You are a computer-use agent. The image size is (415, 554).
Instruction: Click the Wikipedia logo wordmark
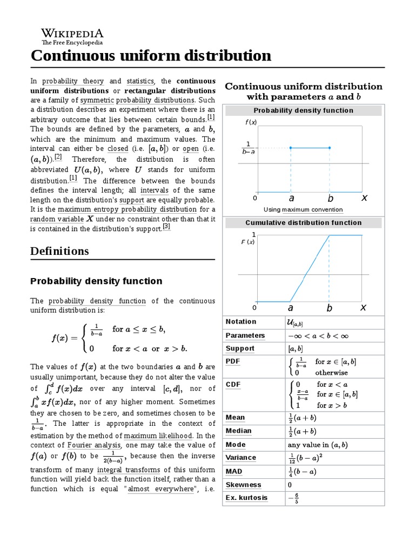tap(72, 33)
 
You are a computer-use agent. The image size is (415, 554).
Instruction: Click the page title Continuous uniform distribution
tap(151, 56)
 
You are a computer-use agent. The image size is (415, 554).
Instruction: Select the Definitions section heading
tap(59, 251)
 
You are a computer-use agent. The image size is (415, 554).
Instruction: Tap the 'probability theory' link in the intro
tap(73, 81)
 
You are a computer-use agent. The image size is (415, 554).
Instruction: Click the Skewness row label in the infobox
tap(243, 485)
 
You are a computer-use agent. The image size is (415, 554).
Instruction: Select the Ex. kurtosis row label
tap(246, 498)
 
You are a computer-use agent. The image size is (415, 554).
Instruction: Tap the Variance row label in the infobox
tap(241, 458)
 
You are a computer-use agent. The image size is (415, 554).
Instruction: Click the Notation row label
tap(240, 322)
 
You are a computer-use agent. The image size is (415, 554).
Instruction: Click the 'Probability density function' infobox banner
tap(303, 110)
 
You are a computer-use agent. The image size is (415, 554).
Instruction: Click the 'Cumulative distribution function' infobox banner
tap(303, 222)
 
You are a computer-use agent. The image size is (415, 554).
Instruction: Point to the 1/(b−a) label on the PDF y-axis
tap(249, 148)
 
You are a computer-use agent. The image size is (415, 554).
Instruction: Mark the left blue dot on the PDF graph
tap(291, 148)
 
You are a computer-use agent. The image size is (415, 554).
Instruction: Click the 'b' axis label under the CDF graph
tap(330, 308)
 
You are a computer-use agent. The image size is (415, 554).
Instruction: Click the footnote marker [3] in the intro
tap(166, 227)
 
